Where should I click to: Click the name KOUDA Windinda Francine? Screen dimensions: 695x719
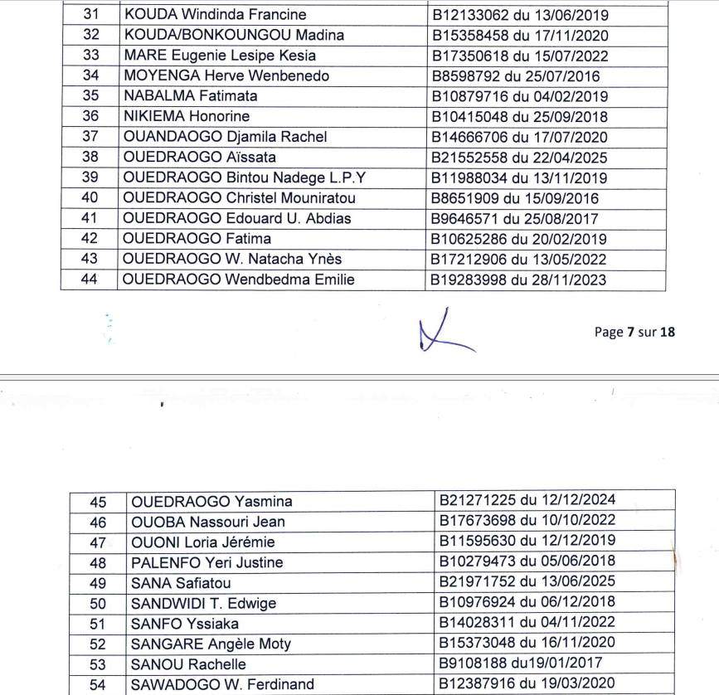214,15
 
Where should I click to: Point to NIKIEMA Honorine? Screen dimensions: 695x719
186,117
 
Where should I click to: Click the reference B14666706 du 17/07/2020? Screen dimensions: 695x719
520,137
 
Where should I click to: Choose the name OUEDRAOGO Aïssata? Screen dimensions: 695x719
199,158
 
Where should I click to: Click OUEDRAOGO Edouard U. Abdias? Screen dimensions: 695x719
236,219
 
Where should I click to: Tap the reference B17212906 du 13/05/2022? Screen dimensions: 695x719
520,260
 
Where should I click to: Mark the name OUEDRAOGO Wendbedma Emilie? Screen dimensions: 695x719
238,279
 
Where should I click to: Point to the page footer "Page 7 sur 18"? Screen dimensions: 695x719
634,332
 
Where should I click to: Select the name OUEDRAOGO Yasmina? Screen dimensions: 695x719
211,502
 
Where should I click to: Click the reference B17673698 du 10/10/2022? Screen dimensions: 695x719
527,521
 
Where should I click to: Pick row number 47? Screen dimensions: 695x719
98,542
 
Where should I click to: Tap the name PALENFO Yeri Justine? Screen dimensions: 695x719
207,562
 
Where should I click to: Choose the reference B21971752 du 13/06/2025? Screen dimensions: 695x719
527,582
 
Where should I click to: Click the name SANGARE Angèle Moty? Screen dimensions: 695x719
211,644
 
